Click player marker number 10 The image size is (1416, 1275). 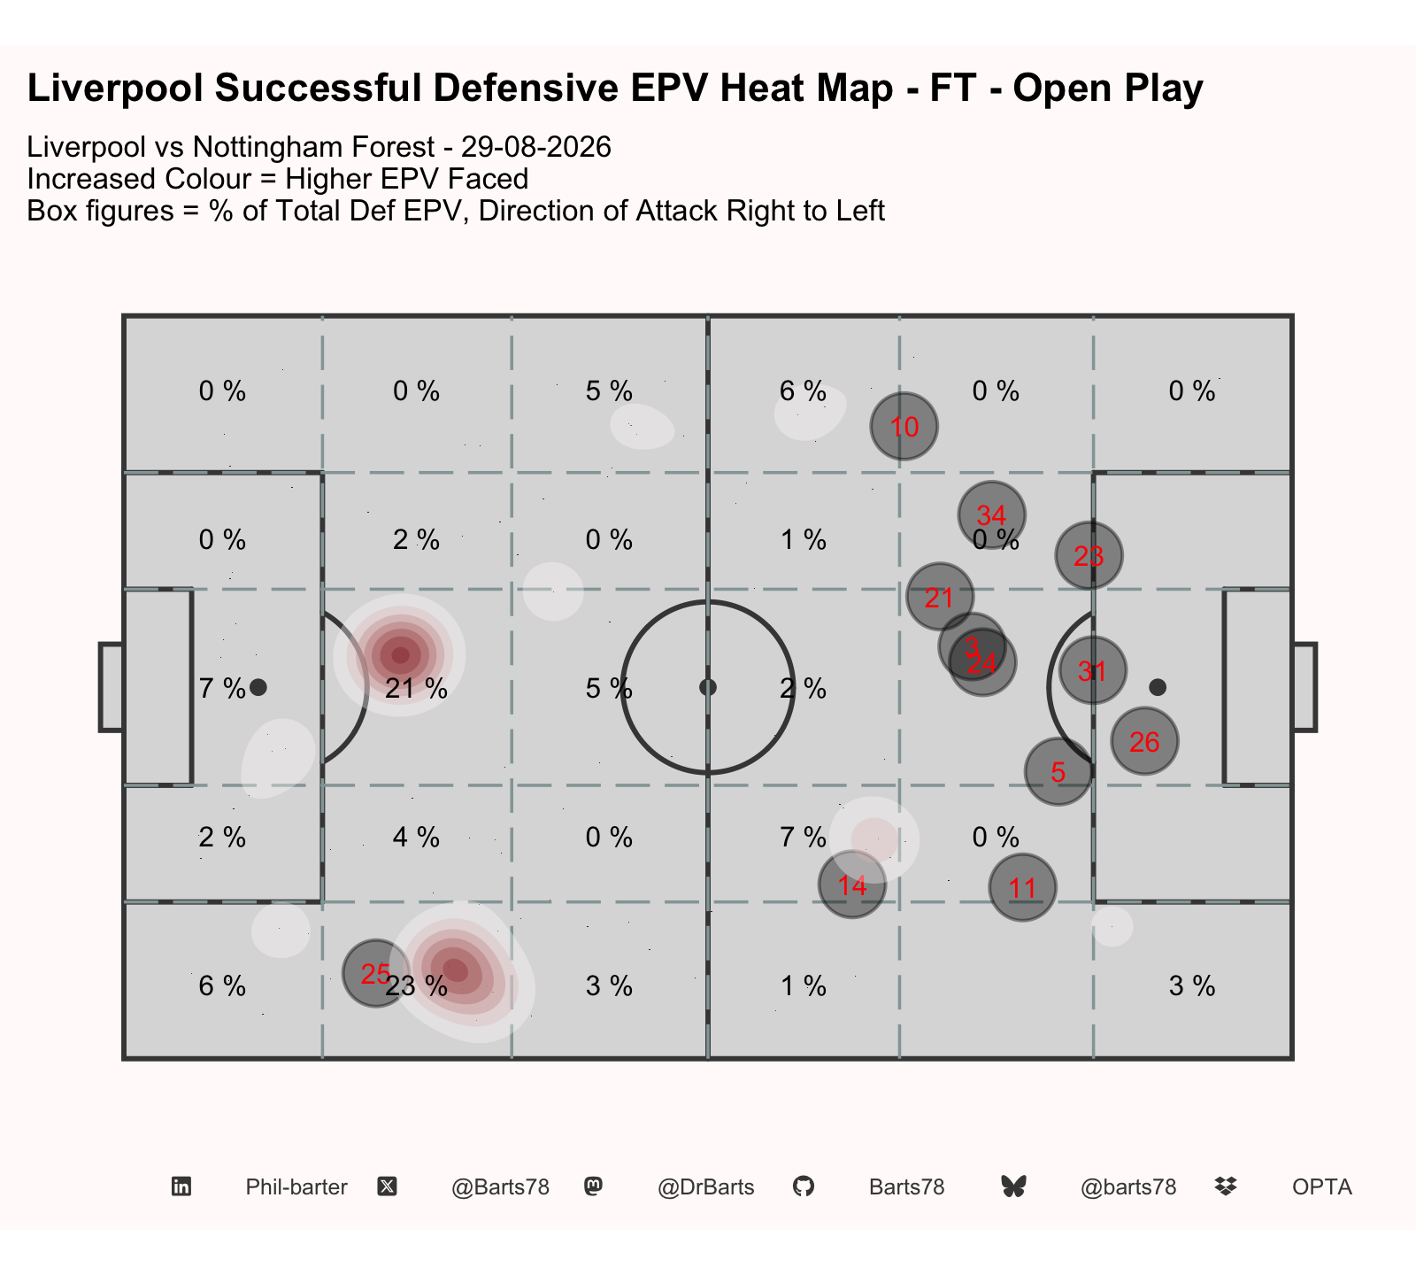click(x=904, y=427)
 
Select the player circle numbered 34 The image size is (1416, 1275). click(x=991, y=514)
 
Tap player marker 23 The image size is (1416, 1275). click(x=1089, y=555)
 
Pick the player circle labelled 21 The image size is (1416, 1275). click(x=940, y=597)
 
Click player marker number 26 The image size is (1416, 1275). click(x=1144, y=741)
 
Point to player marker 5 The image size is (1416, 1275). click(x=1058, y=771)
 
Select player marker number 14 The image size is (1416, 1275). click(x=852, y=885)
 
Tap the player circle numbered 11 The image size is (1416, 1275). click(x=1022, y=887)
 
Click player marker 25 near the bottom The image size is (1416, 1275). click(x=376, y=973)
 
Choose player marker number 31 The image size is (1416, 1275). click(x=1092, y=670)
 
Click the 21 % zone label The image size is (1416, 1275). click(x=417, y=688)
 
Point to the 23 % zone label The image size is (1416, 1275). click(x=417, y=985)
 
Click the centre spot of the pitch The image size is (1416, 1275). click(x=707, y=687)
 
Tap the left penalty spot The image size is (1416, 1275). click(x=258, y=687)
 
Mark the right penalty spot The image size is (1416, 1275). click(x=1157, y=687)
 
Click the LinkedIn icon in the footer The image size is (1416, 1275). click(x=181, y=1186)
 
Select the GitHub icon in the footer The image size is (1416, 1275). click(x=803, y=1186)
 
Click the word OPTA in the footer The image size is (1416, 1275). click(x=1322, y=1187)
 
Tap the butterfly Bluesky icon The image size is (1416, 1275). click(x=1013, y=1186)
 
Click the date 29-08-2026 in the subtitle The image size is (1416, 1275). click(x=536, y=147)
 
